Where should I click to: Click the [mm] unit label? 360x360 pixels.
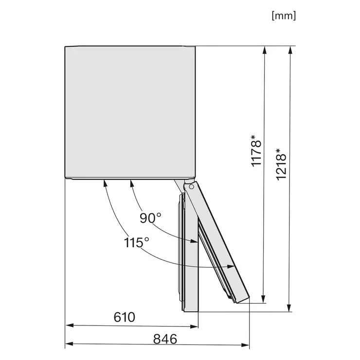point(284,16)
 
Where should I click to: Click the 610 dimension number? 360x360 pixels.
point(125,317)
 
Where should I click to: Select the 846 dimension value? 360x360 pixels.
point(165,339)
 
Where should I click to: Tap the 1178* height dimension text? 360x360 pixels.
point(256,151)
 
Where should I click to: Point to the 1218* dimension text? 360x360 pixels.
point(281,164)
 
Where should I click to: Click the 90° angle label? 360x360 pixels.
point(151,217)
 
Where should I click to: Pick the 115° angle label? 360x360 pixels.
point(136,242)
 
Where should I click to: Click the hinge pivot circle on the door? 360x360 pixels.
point(191,187)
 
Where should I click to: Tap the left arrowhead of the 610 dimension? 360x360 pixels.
point(70,325)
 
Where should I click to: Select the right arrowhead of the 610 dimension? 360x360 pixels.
point(194,326)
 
